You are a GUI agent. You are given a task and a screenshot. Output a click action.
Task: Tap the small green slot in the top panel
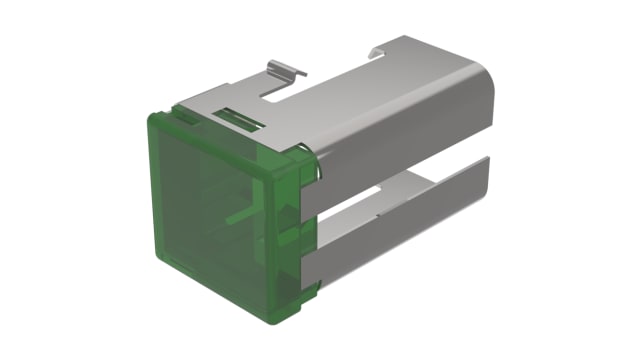click(x=240, y=123)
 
